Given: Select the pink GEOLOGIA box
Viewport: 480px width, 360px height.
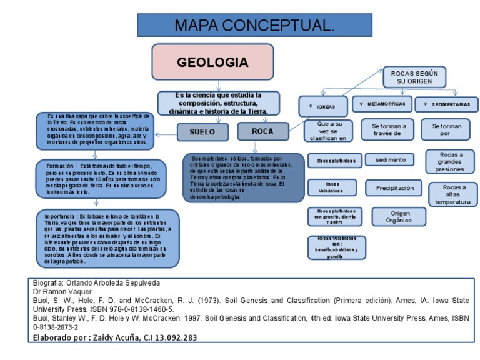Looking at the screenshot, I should click(212, 62).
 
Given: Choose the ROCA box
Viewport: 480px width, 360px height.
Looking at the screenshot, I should click(262, 132).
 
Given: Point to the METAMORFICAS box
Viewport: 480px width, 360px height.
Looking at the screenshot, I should click(382, 104).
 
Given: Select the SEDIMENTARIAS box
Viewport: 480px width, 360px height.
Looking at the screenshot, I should click(447, 104).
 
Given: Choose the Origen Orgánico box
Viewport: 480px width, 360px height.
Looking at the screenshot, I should click(401, 216).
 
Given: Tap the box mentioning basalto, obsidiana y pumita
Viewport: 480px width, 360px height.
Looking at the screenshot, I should click(336, 247).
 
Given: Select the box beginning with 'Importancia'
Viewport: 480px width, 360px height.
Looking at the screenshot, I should click(107, 237).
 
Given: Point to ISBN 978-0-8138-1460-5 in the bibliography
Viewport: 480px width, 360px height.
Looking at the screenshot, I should click(134, 309).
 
